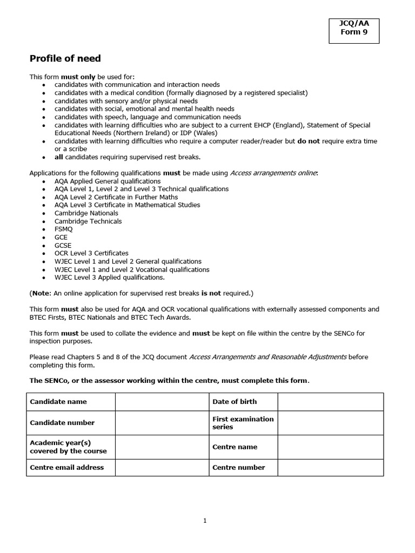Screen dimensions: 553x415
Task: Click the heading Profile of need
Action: click(x=65, y=58)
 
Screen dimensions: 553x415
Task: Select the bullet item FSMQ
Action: click(x=63, y=229)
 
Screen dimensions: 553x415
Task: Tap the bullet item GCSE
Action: click(x=63, y=245)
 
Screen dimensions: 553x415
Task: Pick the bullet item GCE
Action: click(x=61, y=237)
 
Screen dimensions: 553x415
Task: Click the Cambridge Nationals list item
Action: click(x=86, y=213)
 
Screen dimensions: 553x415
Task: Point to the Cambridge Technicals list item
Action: click(x=88, y=221)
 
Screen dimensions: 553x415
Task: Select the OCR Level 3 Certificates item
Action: click(x=91, y=253)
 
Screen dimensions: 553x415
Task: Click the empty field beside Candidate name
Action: click(x=162, y=402)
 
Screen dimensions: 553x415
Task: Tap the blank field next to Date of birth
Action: click(x=330, y=402)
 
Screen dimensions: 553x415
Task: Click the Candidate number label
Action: click(x=62, y=423)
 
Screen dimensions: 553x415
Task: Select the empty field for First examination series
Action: click(x=330, y=423)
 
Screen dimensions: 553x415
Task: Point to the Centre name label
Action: click(x=235, y=447)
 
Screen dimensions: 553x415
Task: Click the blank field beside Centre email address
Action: click(x=162, y=468)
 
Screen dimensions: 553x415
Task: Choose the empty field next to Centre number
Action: click(x=330, y=468)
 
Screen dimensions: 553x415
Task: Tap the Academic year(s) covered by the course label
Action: click(x=68, y=447)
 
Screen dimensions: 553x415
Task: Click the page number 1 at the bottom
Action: click(x=205, y=521)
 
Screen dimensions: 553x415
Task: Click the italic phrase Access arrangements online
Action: click(x=273, y=173)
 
